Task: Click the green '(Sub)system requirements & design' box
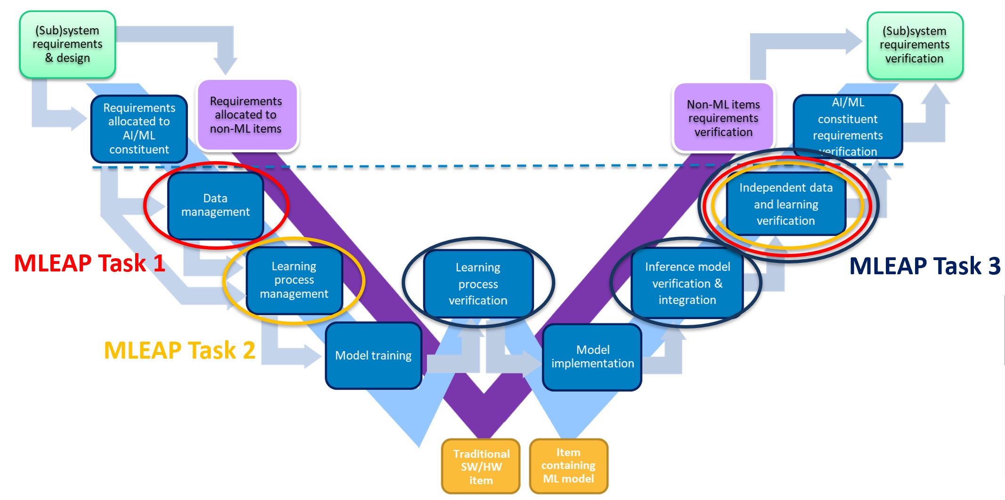tap(67, 45)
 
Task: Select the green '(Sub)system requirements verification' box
tap(915, 45)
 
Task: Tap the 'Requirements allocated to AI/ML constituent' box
tap(139, 129)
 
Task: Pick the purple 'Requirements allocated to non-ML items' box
tap(246, 115)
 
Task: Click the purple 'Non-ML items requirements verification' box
tap(723, 118)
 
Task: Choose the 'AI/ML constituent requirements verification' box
tap(848, 126)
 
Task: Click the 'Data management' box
tap(215, 205)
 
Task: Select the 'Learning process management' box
tap(294, 280)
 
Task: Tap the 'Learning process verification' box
tap(478, 284)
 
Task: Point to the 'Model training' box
tap(373, 355)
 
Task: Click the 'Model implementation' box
tap(592, 357)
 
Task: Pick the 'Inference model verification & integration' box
tap(687, 283)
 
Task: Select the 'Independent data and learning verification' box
tap(786, 204)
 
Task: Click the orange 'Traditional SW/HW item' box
tap(481, 467)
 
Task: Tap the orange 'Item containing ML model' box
tap(568, 466)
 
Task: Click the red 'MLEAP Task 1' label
tap(89, 263)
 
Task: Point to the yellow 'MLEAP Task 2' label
tap(179, 350)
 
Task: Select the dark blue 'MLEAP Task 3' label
tap(924, 266)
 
